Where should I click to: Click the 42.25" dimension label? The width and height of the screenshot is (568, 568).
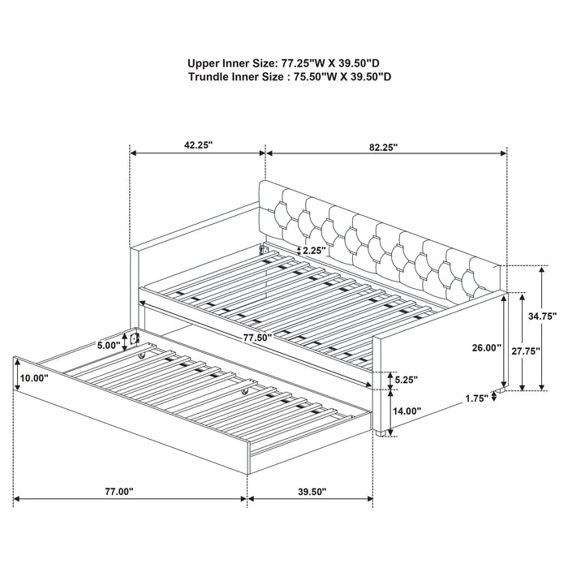tap(197, 146)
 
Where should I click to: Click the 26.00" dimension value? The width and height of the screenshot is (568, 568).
tap(485, 347)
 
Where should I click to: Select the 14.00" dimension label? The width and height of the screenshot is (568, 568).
tap(407, 411)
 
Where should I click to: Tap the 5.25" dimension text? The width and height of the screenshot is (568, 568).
tap(407, 377)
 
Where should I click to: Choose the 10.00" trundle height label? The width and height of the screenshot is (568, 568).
tap(35, 378)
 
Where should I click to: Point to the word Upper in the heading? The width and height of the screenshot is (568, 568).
tap(206, 62)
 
